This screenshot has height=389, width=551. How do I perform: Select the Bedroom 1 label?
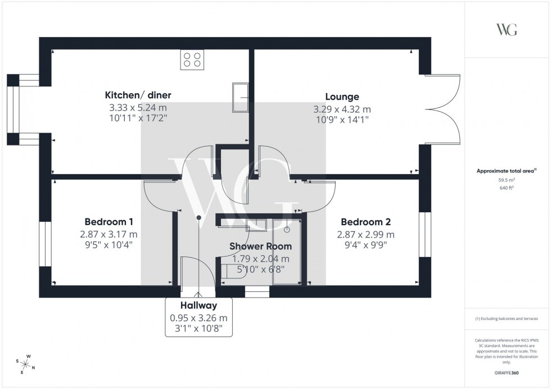(109, 221)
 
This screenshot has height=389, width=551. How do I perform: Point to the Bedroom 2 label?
(365, 221)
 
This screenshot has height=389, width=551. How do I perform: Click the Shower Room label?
(260, 246)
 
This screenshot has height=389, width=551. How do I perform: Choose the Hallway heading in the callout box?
(198, 305)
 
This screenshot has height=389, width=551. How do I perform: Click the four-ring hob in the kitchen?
(192, 60)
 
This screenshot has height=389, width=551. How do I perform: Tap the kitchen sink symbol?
(241, 97)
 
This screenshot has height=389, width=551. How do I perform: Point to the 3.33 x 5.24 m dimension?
(138, 107)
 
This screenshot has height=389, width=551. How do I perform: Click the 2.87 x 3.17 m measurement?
(109, 234)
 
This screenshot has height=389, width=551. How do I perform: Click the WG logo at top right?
(507, 30)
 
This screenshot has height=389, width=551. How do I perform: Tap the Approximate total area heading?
(507, 171)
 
